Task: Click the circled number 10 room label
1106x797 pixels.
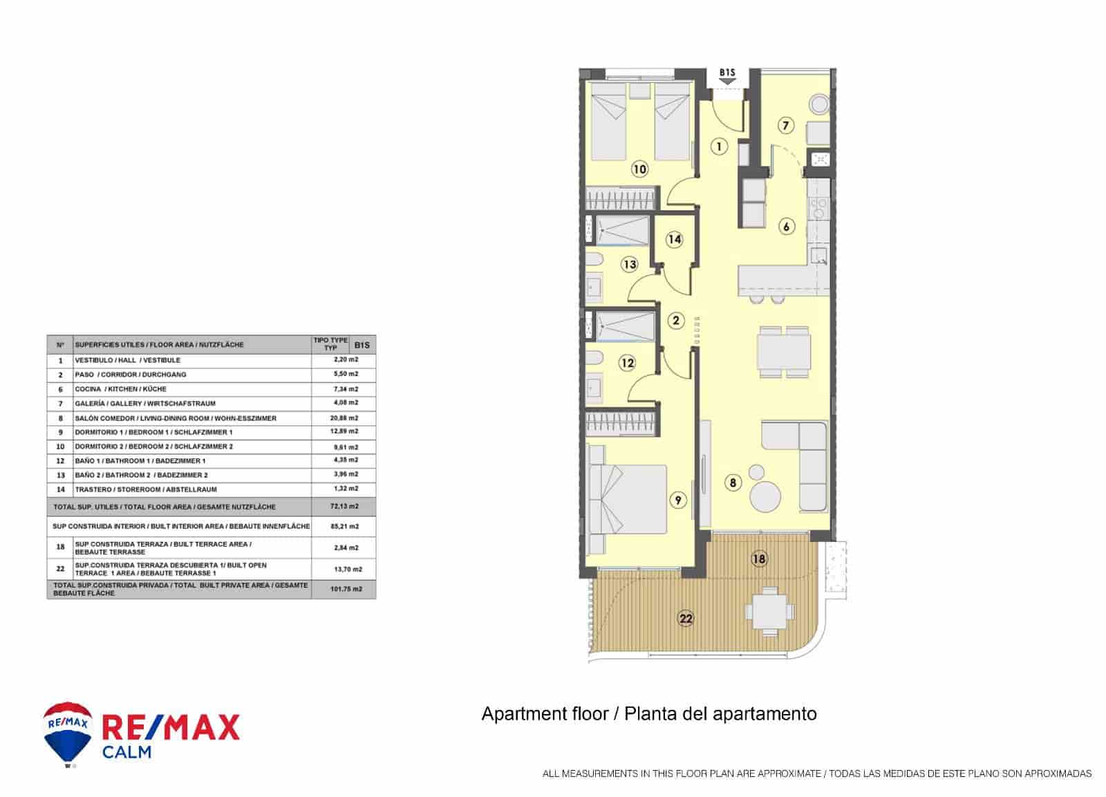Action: coord(640,168)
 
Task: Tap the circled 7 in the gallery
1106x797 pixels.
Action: coord(786,125)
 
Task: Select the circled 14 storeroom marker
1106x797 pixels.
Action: coord(675,239)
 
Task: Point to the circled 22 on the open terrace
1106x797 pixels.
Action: coord(686,619)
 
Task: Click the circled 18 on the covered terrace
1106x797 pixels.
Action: coord(759,559)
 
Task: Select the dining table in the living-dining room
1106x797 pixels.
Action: coord(783,351)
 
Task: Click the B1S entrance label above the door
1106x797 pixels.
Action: coord(727,73)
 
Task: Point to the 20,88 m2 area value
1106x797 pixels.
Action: coord(344,418)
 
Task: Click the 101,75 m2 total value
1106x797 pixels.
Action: coord(344,589)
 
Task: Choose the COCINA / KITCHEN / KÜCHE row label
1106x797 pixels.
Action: coord(120,389)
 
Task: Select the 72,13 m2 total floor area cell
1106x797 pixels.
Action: coord(344,507)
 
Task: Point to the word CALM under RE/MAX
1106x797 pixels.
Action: coord(126,751)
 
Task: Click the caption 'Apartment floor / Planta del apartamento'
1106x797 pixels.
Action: coord(648,714)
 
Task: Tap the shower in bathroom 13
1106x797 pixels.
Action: coord(623,230)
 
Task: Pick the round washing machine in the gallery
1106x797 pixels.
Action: coord(819,104)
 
